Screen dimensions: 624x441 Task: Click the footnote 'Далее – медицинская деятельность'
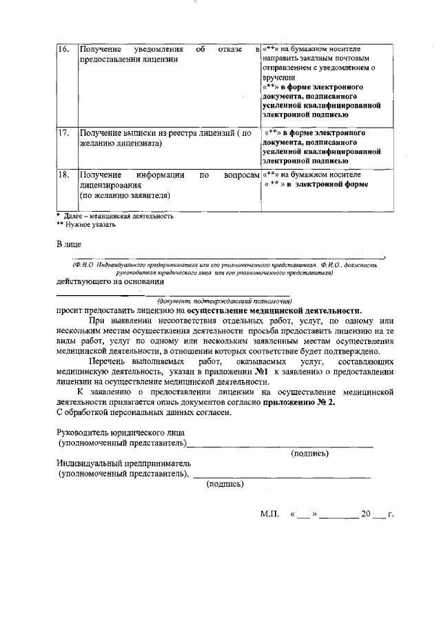click(x=117, y=216)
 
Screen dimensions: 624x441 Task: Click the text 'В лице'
click(x=69, y=244)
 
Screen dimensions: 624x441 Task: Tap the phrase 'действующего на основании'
click(x=110, y=281)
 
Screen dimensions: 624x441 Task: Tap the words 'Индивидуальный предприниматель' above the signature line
click(x=124, y=464)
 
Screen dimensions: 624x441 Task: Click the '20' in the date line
click(x=366, y=514)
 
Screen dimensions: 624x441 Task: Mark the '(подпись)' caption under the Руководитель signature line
click(x=309, y=453)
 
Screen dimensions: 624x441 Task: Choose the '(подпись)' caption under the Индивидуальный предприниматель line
click(x=225, y=484)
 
